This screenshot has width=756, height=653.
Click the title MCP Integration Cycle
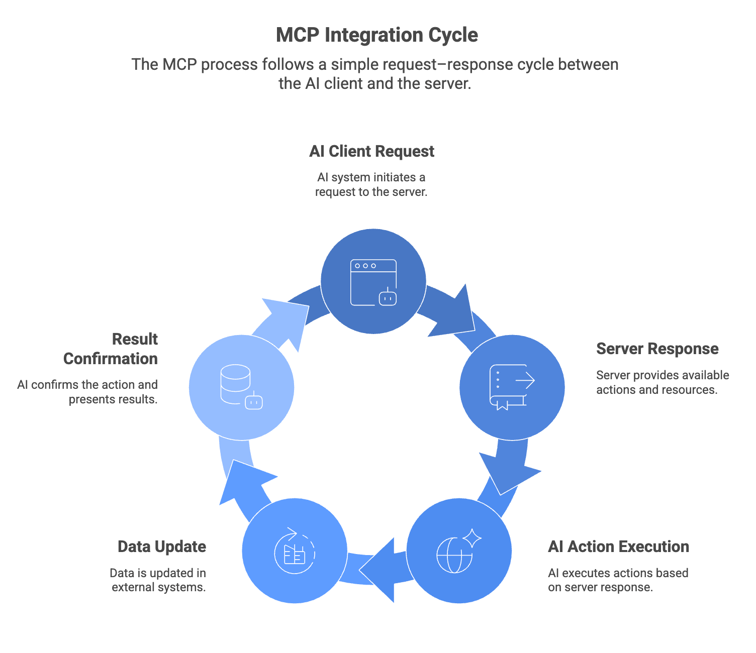pyautogui.click(x=377, y=35)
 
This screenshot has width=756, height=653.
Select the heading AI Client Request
pyautogui.click(x=371, y=151)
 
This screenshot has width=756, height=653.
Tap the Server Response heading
pyautogui.click(x=657, y=349)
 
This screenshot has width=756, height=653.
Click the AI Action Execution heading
pyautogui.click(x=618, y=547)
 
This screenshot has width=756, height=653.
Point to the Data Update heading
pyautogui.click(x=162, y=547)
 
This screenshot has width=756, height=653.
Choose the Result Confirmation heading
pyautogui.click(x=111, y=349)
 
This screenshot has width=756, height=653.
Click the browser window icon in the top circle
pyautogui.click(x=373, y=282)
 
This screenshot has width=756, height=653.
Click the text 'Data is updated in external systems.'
pyautogui.click(x=158, y=580)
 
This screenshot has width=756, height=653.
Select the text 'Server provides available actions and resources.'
pyautogui.click(x=662, y=382)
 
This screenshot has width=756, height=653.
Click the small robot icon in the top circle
pyautogui.click(x=387, y=297)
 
